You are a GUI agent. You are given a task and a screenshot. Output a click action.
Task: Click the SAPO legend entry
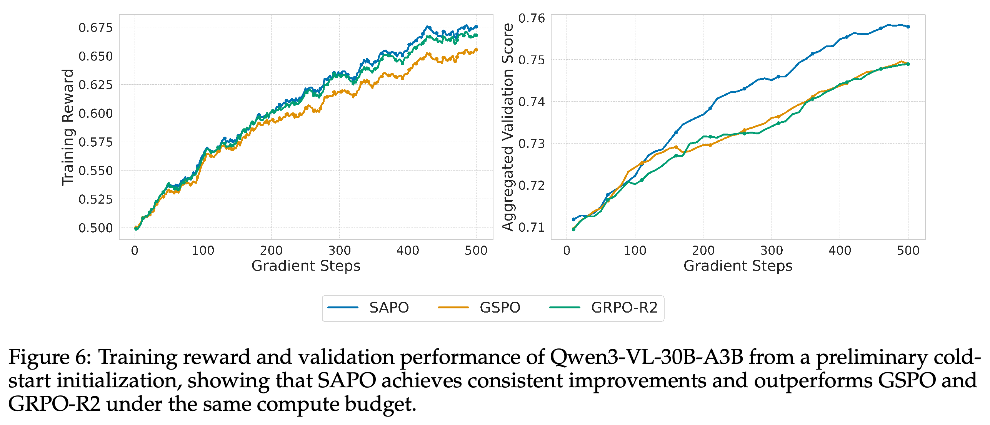click(368, 308)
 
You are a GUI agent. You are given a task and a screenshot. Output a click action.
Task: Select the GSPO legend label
click(500, 308)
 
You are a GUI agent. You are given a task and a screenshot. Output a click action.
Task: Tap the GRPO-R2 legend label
click(624, 308)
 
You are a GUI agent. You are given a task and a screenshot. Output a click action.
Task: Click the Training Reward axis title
click(68, 127)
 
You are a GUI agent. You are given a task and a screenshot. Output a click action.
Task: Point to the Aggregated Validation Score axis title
click(508, 127)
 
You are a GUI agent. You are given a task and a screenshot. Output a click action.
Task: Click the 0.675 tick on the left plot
click(96, 28)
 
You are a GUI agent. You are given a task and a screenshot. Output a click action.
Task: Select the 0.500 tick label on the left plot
click(96, 228)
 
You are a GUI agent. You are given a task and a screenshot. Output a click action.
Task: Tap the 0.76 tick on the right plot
click(532, 18)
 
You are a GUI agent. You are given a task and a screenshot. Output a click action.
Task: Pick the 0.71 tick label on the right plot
click(532, 228)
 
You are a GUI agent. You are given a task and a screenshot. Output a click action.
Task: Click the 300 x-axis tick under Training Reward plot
click(340, 251)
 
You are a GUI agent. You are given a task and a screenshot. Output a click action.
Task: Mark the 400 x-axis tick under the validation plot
click(840, 251)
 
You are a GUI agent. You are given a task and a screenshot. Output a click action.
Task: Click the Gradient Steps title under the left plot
click(306, 266)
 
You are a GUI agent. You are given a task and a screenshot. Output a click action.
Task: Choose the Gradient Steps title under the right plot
click(738, 266)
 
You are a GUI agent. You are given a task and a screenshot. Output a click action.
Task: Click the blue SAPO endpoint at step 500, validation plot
click(908, 27)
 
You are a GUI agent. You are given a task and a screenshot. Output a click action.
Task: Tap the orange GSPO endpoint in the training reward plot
click(477, 49)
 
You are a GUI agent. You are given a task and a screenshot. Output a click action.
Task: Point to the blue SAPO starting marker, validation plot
click(573, 219)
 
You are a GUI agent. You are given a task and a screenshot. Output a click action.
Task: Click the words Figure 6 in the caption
click(50, 357)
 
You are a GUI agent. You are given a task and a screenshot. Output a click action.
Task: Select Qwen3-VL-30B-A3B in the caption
click(647, 357)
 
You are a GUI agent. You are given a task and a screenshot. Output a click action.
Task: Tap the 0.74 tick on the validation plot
click(532, 102)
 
